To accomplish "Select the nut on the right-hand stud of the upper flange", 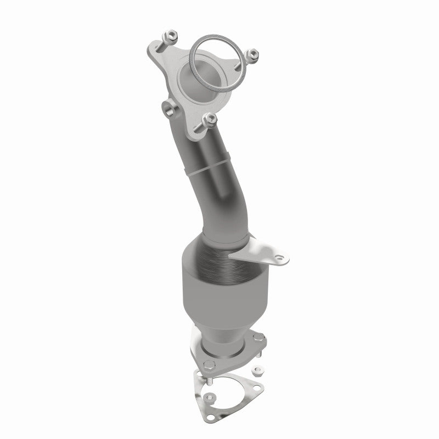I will [x=252, y=54].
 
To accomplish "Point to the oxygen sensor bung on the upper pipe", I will [x=167, y=107].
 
